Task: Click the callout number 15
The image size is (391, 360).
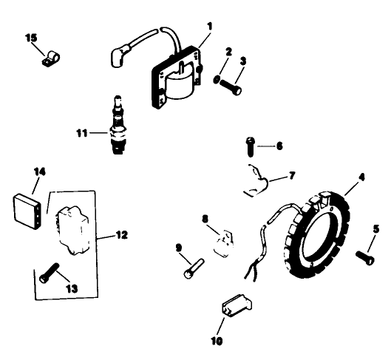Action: coord(30,37)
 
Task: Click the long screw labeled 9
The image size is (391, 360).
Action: coord(190,262)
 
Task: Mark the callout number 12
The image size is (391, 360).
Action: coord(121,234)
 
